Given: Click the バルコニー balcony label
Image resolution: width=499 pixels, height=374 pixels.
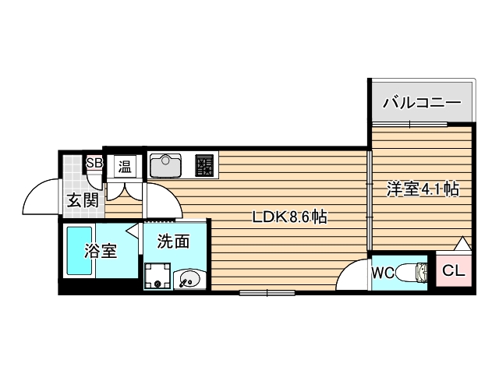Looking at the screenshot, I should (x=422, y=103).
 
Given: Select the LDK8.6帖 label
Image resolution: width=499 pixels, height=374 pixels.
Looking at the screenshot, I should (x=288, y=218).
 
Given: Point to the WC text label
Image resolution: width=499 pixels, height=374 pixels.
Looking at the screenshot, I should (x=382, y=273).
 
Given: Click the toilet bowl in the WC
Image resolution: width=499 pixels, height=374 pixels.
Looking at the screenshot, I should (x=411, y=273).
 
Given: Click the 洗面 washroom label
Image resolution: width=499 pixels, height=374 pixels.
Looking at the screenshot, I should (x=173, y=242).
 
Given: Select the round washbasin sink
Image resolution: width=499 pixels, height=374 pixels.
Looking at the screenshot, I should (x=189, y=278).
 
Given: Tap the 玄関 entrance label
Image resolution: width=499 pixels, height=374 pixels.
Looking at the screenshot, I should (x=81, y=199).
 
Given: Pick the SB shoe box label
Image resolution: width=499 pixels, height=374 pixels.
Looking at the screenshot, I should (x=94, y=163).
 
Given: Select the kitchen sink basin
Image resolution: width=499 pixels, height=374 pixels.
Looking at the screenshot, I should (x=166, y=164).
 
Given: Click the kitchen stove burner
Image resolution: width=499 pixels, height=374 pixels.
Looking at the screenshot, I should (x=204, y=164).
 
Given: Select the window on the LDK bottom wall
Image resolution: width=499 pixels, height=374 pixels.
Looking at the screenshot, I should (x=267, y=292).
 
